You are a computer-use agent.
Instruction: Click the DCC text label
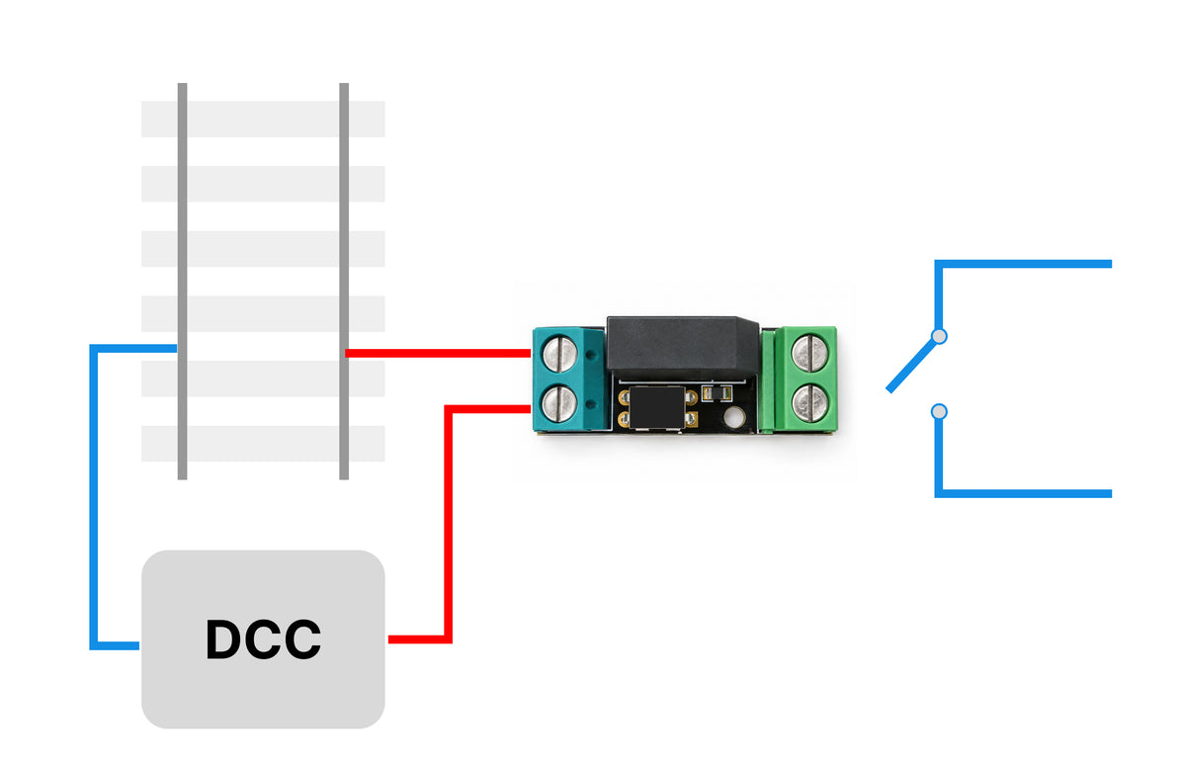tap(263, 639)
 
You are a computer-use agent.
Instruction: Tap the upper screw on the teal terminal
tap(559, 354)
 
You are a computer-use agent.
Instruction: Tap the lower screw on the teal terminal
tap(558, 403)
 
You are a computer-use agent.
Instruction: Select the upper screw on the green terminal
tap(809, 353)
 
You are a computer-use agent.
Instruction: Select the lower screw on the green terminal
tap(809, 403)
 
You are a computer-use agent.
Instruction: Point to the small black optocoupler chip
tap(657, 407)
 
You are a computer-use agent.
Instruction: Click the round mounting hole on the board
tap(734, 418)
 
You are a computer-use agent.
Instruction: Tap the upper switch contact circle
tap(939, 336)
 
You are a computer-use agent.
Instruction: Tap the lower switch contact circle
tap(939, 411)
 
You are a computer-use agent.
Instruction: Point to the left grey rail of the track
tap(182, 281)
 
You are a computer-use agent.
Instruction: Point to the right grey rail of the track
tap(344, 281)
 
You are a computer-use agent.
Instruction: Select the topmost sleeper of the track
tap(263, 120)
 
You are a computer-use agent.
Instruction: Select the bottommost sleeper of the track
tap(263, 444)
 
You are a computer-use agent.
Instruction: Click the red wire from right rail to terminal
tap(438, 353)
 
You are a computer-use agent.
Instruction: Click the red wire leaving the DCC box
tap(448, 524)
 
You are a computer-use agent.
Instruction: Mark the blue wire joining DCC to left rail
tap(94, 497)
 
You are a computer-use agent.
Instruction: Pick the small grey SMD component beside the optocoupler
tap(717, 392)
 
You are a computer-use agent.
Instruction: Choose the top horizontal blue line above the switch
tap(1027, 264)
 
